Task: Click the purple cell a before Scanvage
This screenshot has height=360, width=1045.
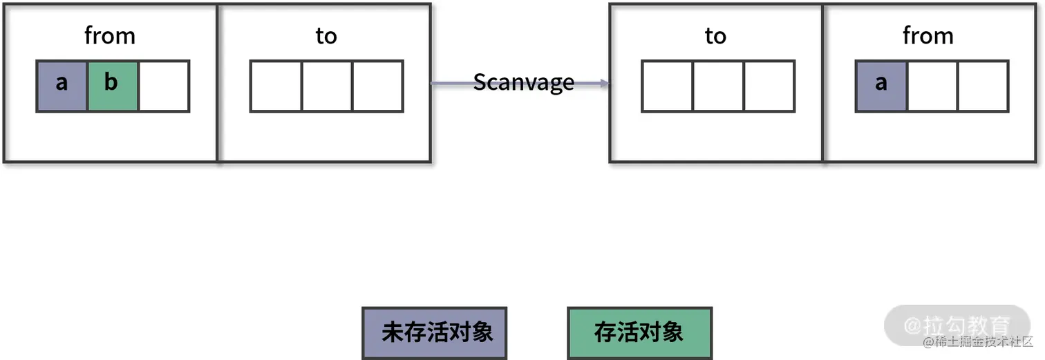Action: point(62,86)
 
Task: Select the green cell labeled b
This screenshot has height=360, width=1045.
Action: point(113,86)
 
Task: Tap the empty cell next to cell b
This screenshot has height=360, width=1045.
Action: point(164,86)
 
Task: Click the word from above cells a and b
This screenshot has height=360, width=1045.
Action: point(110,36)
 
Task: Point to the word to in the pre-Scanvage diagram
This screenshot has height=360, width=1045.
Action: point(326,36)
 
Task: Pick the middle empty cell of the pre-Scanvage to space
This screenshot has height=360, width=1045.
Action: point(327,86)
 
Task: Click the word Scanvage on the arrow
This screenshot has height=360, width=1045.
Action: point(523,83)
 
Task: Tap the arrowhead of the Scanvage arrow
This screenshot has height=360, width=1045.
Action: point(605,84)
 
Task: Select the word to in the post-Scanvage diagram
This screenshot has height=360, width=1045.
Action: point(715,36)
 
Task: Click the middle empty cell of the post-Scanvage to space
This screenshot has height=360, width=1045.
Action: point(718,86)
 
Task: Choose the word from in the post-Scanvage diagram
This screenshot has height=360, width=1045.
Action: point(928,36)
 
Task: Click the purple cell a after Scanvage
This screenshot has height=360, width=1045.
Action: point(881,86)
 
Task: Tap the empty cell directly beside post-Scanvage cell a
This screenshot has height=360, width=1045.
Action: point(932,86)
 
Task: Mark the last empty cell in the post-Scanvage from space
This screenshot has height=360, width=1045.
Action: point(983,86)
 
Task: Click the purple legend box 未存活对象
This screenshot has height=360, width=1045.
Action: point(435,333)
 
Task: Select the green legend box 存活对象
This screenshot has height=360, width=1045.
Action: point(639,333)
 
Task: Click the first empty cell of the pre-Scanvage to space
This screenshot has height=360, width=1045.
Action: point(276,86)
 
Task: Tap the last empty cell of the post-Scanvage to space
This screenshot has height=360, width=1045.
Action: point(769,86)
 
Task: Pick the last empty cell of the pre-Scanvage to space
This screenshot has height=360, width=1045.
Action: point(377,86)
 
